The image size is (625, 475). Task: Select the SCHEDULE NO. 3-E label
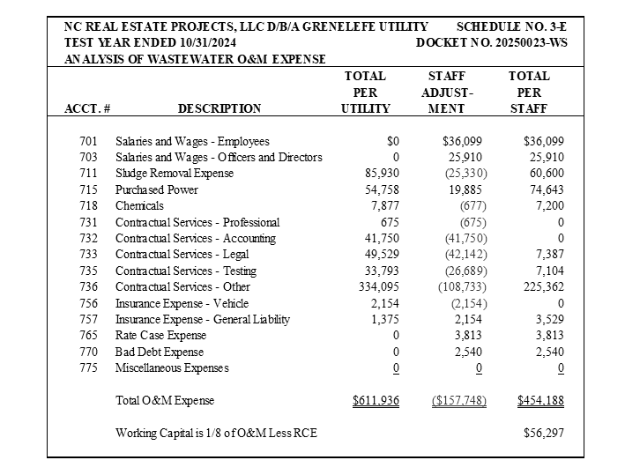[511, 27]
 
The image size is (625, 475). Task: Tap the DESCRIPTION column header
[219, 109]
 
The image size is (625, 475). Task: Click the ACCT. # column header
[87, 109]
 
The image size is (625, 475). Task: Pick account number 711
[87, 174]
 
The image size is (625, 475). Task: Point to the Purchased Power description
[157, 189]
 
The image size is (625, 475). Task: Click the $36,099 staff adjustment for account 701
[464, 141]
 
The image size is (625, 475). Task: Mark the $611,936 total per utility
[376, 401]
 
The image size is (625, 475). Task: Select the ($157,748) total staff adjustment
[458, 401]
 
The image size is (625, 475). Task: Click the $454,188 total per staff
[540, 401]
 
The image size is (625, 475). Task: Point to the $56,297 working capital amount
[544, 434]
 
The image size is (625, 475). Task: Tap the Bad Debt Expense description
[160, 352]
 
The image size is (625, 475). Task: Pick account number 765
[87, 335]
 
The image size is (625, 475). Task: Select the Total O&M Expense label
[165, 401]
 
